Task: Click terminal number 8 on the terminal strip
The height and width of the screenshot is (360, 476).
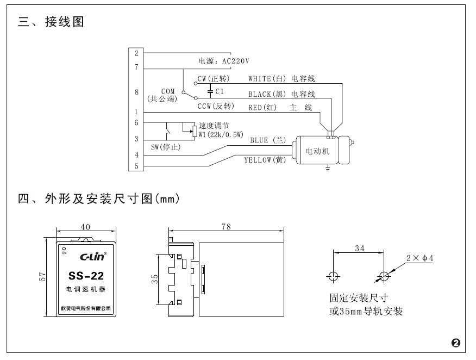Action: point(136,92)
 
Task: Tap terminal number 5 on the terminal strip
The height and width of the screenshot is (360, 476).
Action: point(136,166)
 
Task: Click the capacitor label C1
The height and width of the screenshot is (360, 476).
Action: point(220,91)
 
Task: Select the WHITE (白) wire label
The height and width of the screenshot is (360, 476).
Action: point(267,79)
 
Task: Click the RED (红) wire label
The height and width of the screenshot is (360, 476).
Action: point(262,108)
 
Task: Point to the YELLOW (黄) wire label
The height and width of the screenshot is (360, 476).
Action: point(265,160)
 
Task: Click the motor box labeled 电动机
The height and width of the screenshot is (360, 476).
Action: point(318,151)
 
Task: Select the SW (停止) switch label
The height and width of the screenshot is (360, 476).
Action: point(166,147)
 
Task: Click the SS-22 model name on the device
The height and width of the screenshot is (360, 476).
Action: point(85,275)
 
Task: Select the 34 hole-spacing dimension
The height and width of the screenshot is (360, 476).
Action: point(359,249)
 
